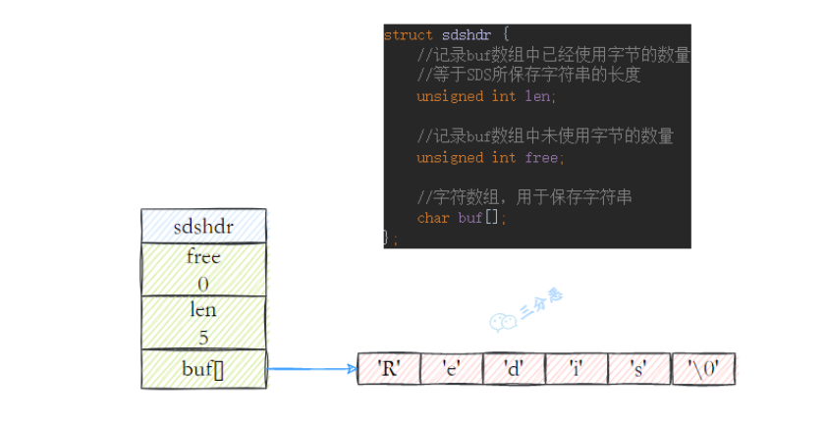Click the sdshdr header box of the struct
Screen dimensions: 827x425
[x=203, y=226]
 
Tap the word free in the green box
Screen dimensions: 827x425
[x=203, y=257]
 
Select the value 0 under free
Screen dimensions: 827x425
[x=203, y=285]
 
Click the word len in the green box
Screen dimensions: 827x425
[x=203, y=309]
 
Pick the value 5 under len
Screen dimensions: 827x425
[x=203, y=338]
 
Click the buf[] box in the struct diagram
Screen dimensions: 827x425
[x=203, y=369]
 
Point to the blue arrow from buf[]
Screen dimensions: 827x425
[x=312, y=369]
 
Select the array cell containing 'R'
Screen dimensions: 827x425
[x=389, y=369]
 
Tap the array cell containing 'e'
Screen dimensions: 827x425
[x=452, y=369]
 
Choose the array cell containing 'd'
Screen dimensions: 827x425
[x=515, y=369]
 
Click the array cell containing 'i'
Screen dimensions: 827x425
[x=577, y=369]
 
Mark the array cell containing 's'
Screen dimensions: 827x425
[x=639, y=369]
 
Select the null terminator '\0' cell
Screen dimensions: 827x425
[x=703, y=369]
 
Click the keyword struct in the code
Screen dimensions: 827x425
[x=409, y=35]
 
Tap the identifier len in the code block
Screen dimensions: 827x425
[x=537, y=96]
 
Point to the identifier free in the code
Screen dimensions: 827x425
[x=541, y=158]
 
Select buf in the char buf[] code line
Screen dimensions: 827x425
[x=470, y=218]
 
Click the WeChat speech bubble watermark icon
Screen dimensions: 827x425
[x=503, y=321]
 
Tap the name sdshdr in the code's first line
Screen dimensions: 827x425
[x=467, y=35]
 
